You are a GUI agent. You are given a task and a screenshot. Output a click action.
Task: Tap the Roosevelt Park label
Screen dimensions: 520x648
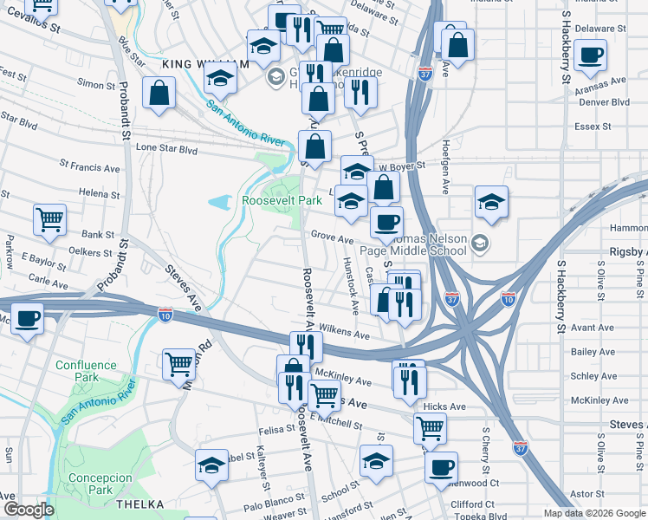pos(282,200)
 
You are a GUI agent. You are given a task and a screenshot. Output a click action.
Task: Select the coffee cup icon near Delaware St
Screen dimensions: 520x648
pos(591,55)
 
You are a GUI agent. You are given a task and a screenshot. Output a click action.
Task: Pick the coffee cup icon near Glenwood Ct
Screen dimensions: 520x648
pos(441,466)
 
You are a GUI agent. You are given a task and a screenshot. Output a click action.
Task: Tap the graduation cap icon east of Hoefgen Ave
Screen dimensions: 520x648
pos(491,202)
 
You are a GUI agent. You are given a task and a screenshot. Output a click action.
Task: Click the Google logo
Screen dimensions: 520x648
pos(29,510)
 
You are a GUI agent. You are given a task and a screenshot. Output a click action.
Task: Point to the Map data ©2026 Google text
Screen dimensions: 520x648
pos(593,513)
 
